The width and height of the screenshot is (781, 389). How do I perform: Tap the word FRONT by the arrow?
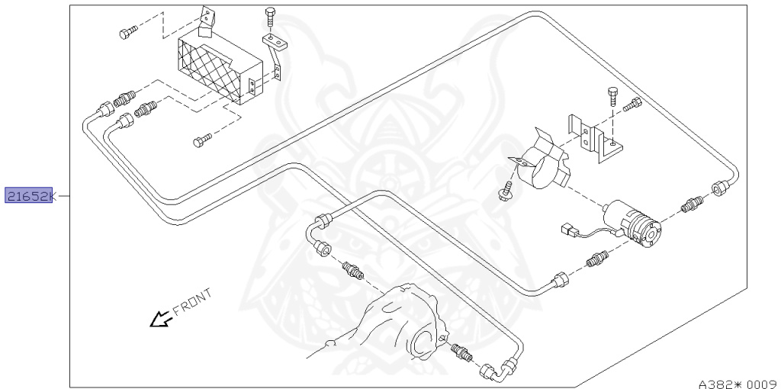pyautogui.click(x=192, y=301)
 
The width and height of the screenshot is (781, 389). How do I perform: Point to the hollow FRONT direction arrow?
pyautogui.click(x=160, y=318)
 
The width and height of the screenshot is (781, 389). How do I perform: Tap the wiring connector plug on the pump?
pyautogui.click(x=568, y=230)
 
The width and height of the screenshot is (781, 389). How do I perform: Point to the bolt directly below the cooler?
pyautogui.click(x=201, y=140)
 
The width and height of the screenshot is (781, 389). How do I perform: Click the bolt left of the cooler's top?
pyautogui.click(x=127, y=32)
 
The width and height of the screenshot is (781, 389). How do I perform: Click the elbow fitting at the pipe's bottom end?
pyautogui.click(x=490, y=373)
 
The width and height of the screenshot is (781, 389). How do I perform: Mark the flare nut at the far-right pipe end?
pyautogui.click(x=719, y=188)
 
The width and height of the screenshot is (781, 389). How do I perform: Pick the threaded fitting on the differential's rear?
pyautogui.click(x=460, y=352)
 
